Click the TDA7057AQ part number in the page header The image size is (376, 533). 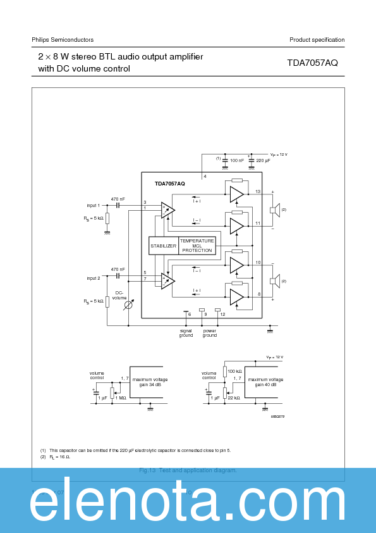pyautogui.click(x=312, y=63)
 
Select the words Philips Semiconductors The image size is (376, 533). pyautogui.click(x=63, y=40)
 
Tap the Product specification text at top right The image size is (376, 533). pyautogui.click(x=317, y=40)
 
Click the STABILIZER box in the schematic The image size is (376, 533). pyautogui.click(x=163, y=246)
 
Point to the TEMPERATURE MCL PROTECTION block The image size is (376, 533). pyautogui.click(x=197, y=246)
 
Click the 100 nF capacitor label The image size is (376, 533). pyautogui.click(x=237, y=161)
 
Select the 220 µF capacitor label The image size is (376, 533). pyautogui.click(x=264, y=161)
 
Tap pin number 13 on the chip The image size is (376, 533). pyautogui.click(x=258, y=191)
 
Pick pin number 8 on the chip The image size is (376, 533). pyautogui.click(x=258, y=294)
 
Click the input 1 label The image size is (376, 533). pyautogui.click(x=94, y=205)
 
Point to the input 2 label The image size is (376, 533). pyautogui.click(x=94, y=278)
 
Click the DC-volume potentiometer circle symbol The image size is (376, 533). pyautogui.click(x=128, y=304)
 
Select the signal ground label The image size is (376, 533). pyautogui.click(x=186, y=333)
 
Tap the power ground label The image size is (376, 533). pyautogui.click(x=210, y=333)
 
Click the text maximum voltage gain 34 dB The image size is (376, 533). pyautogui.click(x=150, y=382)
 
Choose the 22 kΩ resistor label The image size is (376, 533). pyautogui.click(x=234, y=398)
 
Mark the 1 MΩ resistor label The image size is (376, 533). pyautogui.click(x=121, y=398)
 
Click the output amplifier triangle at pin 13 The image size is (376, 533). pyautogui.click(x=236, y=194)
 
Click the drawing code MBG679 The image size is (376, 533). pyautogui.click(x=277, y=416)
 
